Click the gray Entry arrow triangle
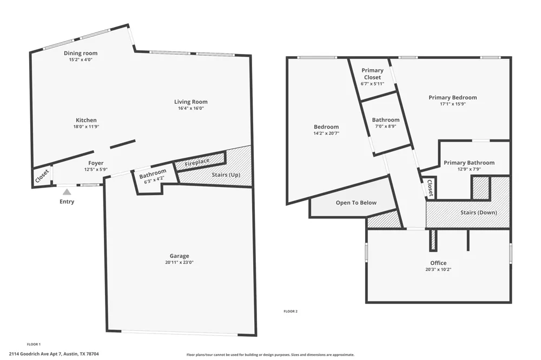[x=67, y=192]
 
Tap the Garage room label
[x=180, y=256]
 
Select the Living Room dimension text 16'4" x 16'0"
[x=191, y=108]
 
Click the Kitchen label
[x=86, y=121]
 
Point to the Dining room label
[x=81, y=53]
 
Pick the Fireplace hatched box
[x=200, y=162]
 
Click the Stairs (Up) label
[x=226, y=175]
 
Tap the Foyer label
[x=96, y=163]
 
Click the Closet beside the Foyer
[x=42, y=177]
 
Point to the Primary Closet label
[x=373, y=74]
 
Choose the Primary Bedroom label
[x=453, y=98]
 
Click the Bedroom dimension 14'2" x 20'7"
[x=326, y=134]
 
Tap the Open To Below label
[x=356, y=203]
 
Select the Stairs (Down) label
[x=479, y=212]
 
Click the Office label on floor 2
[x=439, y=263]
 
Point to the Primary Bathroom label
[x=469, y=163]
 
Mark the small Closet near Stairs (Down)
[x=430, y=188]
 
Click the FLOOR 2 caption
[x=291, y=311]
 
